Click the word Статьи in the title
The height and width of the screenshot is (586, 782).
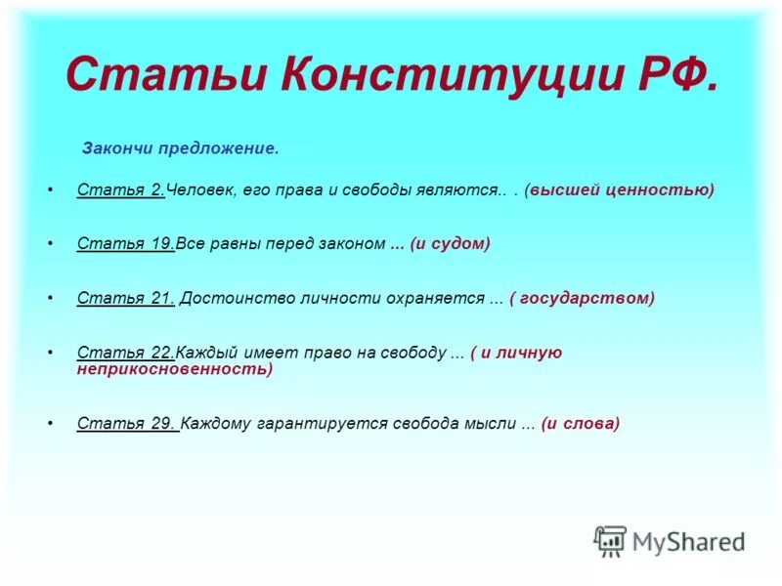pos(166,75)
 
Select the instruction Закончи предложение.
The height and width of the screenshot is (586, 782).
pos(180,149)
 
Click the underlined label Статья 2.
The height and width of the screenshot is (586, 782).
pos(120,189)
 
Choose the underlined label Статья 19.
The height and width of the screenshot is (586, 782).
pos(125,244)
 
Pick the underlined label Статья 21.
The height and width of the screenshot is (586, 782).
pos(125,298)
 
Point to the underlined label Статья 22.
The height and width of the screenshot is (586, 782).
pos(125,353)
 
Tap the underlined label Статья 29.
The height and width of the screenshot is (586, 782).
pos(126,423)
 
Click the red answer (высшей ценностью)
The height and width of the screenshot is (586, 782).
pos(620,189)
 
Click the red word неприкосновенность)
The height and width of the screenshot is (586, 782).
pos(174,369)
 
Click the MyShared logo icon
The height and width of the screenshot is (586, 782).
pos(610,540)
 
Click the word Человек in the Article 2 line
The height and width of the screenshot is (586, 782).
pos(198,189)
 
